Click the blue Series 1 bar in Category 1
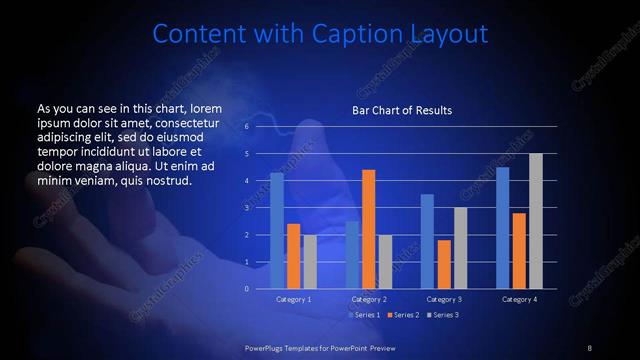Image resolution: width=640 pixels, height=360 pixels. coord(277,231)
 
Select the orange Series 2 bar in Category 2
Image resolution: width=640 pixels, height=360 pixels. coord(369,229)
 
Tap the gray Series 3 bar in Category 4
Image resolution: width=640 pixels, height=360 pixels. coord(536,221)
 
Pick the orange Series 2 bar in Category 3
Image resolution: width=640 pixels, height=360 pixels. coord(444,264)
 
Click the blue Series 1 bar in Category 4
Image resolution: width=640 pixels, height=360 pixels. coord(503,228)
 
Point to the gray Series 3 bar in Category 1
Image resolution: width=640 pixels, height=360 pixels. coord(310,262)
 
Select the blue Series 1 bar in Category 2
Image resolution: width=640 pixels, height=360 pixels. coord(352,255)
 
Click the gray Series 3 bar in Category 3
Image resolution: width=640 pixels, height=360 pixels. coord(461,248)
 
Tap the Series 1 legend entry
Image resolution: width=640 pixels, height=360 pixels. coord(362,315)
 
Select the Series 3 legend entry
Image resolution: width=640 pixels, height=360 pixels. coord(442,315)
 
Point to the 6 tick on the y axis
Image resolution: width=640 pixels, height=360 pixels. coord(246,127)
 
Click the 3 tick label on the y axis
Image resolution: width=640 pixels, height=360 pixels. coord(246,208)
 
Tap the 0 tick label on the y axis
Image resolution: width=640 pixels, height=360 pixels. coord(246,289)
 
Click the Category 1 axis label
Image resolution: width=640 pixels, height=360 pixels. coord(293,299)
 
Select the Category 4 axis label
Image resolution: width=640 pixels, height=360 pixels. coord(519,299)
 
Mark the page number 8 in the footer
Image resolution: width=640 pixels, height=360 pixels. coord(590,347)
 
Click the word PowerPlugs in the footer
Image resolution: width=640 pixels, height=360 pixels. coord(269,347)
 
